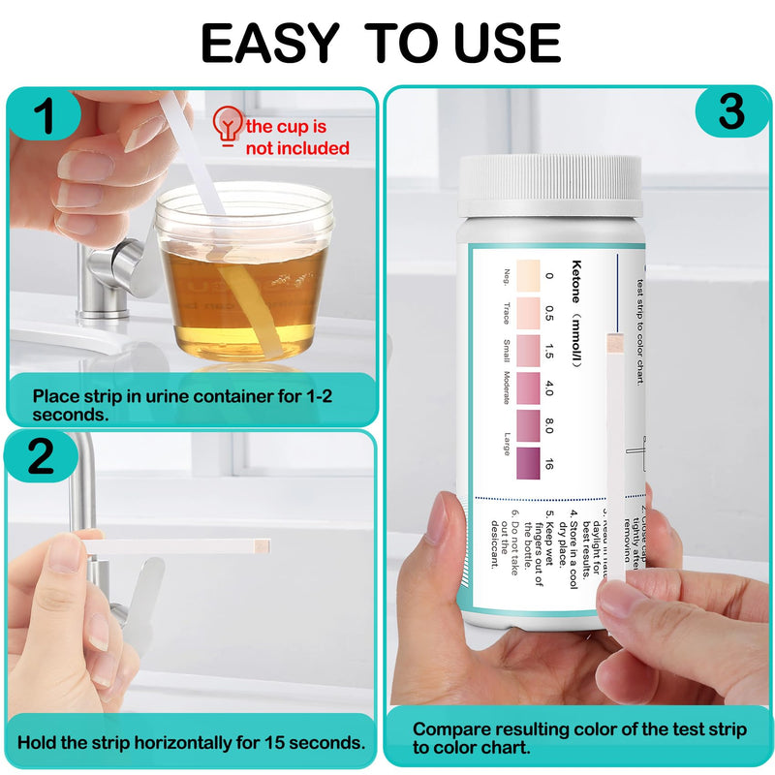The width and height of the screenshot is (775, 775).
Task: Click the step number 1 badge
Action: point(45,117)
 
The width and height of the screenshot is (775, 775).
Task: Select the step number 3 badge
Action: point(731,113)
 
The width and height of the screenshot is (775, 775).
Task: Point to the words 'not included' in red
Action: point(296,148)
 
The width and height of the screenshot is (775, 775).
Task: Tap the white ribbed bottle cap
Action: point(549,185)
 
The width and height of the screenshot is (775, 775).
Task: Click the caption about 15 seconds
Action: point(191,743)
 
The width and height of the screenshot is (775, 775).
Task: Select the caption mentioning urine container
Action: point(184,404)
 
